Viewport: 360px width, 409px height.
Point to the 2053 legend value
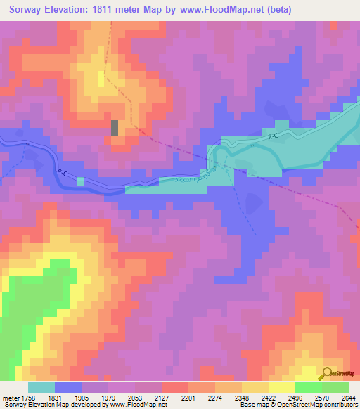pyautogui.click(x=135, y=398)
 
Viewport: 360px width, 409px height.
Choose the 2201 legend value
pyautogui.click(x=188, y=398)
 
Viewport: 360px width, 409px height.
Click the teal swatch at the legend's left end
pyautogui.click(x=41, y=387)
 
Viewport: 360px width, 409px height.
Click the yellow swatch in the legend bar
pyautogui.click(x=281, y=387)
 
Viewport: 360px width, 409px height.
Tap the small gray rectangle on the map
pyautogui.click(x=115, y=128)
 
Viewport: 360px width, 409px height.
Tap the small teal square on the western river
pyautogui.click(x=80, y=181)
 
